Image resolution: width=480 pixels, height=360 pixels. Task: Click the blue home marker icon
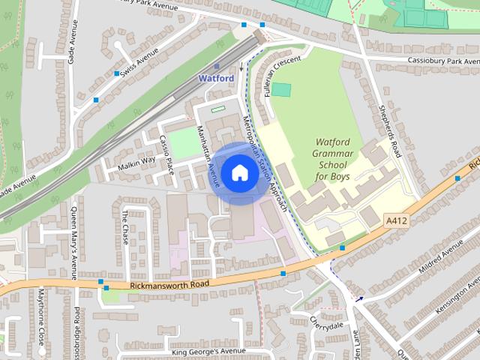pyautogui.click(x=238, y=173)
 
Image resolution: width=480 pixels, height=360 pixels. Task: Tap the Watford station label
pyautogui.click(x=216, y=78)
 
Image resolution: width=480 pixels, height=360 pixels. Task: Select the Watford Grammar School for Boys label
pyautogui.click(x=333, y=158)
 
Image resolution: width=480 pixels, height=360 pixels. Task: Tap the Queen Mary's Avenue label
pyautogui.click(x=73, y=241)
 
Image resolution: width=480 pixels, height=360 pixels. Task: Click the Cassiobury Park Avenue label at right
pyautogui.click(x=442, y=60)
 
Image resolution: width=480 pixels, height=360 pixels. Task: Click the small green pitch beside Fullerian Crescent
pyautogui.click(x=280, y=89)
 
